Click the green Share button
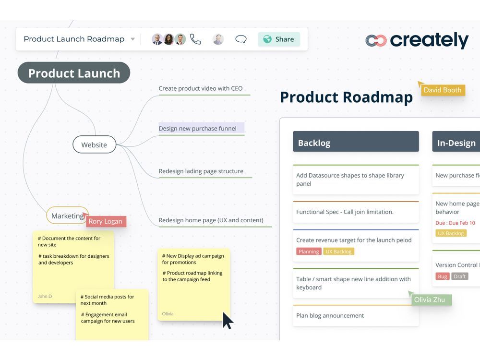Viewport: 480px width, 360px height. pyautogui.click(x=278, y=39)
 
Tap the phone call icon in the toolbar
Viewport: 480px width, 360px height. pyautogui.click(x=195, y=39)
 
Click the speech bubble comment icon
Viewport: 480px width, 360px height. pyautogui.click(x=241, y=39)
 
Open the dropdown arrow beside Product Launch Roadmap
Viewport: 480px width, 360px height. pyautogui.click(x=133, y=39)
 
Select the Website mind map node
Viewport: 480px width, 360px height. pyautogui.click(x=94, y=144)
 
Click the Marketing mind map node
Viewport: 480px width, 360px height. pyautogui.click(x=67, y=216)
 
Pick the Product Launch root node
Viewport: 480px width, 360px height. pyautogui.click(x=74, y=73)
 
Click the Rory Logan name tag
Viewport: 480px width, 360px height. pyautogui.click(x=106, y=221)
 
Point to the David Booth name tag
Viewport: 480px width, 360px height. pyautogui.click(x=442, y=90)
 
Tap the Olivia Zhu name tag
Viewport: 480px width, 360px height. pyautogui.click(x=430, y=300)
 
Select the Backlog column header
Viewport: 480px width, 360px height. pyautogui.click(x=356, y=143)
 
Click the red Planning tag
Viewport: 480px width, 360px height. pyautogui.click(x=309, y=252)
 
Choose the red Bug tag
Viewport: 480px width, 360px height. pyautogui.click(x=442, y=276)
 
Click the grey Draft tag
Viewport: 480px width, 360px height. pyautogui.click(x=459, y=276)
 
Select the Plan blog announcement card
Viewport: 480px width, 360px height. pyautogui.click(x=355, y=316)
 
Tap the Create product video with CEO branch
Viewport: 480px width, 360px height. pyautogui.click(x=201, y=88)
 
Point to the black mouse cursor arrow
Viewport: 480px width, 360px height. pyautogui.click(x=228, y=320)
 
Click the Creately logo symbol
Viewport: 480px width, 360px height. pyautogui.click(x=376, y=41)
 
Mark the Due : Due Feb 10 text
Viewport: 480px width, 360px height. pyautogui.click(x=455, y=223)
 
